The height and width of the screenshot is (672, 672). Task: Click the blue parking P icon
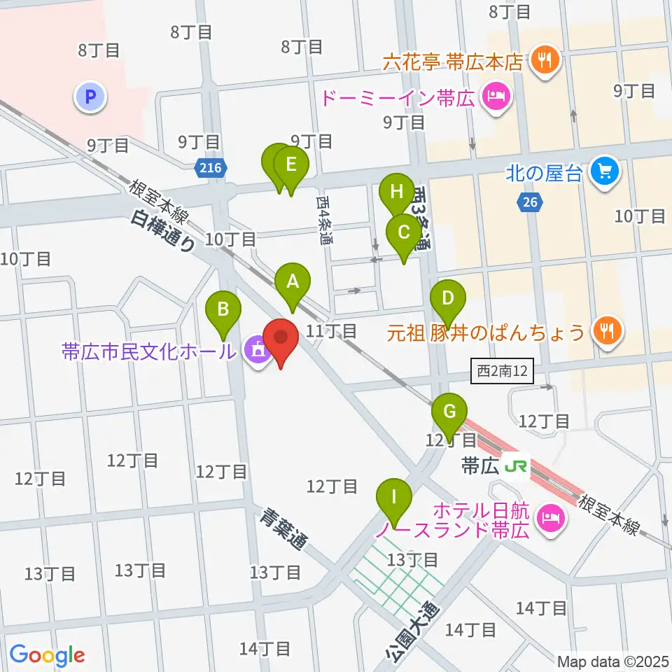click(x=90, y=97)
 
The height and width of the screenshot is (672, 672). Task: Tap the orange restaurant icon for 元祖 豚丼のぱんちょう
click(x=603, y=330)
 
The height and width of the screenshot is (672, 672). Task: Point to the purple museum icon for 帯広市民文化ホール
click(x=254, y=350)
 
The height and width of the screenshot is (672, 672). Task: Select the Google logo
click(x=47, y=655)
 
